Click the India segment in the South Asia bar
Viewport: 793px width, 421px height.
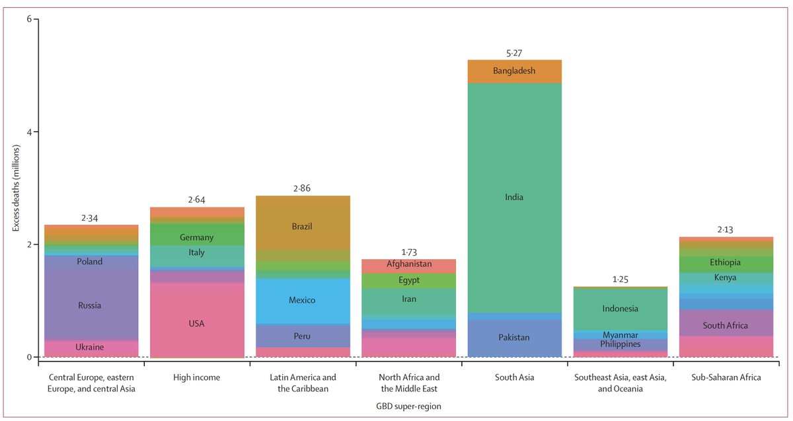(x=514, y=197)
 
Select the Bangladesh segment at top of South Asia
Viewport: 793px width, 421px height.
(x=514, y=71)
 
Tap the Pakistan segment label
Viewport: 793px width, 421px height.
(x=514, y=338)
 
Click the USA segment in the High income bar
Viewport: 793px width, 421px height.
(x=196, y=323)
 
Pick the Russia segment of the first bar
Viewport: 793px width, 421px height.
(x=89, y=305)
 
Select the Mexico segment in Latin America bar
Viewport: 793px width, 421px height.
(x=302, y=300)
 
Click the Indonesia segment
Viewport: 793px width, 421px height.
(x=621, y=309)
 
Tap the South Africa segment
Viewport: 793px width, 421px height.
(x=726, y=325)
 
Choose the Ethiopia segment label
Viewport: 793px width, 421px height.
(x=726, y=262)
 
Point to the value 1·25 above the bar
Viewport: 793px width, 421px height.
(x=621, y=279)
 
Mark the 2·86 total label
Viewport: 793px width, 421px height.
(x=302, y=188)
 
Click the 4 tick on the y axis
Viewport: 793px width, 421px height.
(x=29, y=132)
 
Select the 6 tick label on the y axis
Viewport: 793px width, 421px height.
(x=29, y=20)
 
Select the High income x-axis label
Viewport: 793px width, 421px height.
(x=196, y=378)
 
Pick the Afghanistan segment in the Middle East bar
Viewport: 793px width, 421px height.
(x=408, y=264)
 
